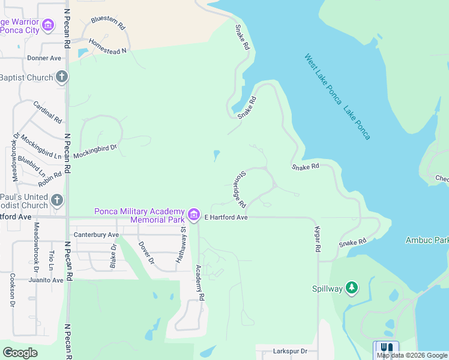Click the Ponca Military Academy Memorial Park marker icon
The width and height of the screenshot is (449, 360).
tap(194, 214)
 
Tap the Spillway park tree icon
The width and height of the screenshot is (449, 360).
tap(352, 289)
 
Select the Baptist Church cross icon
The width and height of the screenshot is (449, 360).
tap(61, 77)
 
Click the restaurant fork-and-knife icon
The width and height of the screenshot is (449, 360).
tap(387, 348)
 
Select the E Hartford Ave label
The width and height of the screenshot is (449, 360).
tap(226, 217)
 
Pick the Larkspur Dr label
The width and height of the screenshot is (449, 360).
tap(286, 351)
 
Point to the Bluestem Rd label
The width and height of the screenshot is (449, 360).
tap(108, 23)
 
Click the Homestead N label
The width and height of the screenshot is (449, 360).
tap(107, 47)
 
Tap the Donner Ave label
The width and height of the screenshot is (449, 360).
tap(44, 58)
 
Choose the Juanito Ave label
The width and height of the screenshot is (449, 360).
tap(46, 280)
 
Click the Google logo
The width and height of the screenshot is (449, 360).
tap(20, 353)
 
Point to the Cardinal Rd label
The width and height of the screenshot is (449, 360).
tap(47, 112)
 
